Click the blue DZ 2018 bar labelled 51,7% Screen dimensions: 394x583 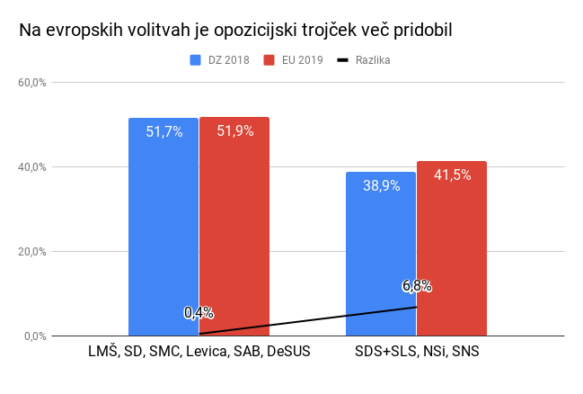pyautogui.click(x=163, y=234)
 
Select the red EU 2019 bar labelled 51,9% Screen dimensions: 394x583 pyautogui.click(x=234, y=234)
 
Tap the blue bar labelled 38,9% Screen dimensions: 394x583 pyautogui.click(x=381, y=261)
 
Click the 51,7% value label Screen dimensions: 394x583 pyautogui.click(x=164, y=131)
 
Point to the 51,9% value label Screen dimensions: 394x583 pyautogui.click(x=234, y=130)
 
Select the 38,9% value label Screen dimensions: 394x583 pyautogui.click(x=382, y=186)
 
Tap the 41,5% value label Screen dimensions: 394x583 pyautogui.click(x=452, y=175)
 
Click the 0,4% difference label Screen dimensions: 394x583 pyautogui.click(x=199, y=312)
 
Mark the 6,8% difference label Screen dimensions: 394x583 pyautogui.click(x=417, y=286)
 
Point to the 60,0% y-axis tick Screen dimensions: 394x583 pyautogui.click(x=32, y=83)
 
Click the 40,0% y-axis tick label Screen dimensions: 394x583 pyautogui.click(x=32, y=167)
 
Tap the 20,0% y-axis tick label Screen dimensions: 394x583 pyautogui.click(x=32, y=252)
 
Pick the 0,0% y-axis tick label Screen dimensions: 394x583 pyautogui.click(x=35, y=336)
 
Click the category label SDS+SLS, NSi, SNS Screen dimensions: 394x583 pyautogui.click(x=417, y=352)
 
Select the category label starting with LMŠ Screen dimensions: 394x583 pyautogui.click(x=199, y=352)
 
